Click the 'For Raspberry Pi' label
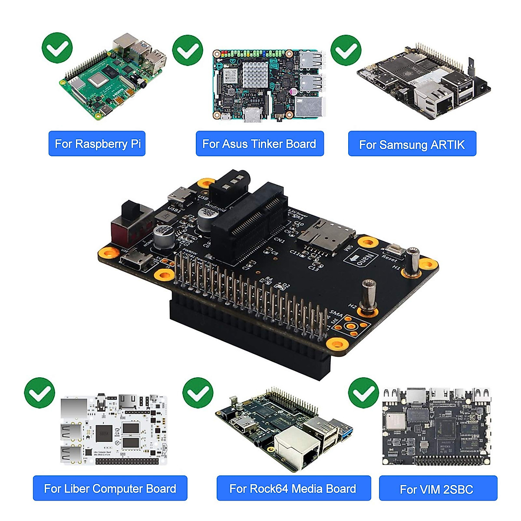click(97, 144)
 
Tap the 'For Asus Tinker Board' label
click(260, 144)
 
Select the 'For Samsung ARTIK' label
click(412, 144)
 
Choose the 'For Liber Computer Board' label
click(110, 488)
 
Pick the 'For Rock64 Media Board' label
click(293, 488)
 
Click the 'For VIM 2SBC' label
click(438, 489)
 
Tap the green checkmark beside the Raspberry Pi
click(57, 48)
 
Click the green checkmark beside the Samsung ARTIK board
click(346, 50)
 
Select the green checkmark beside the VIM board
click(364, 392)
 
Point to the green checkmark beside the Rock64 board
click(198, 393)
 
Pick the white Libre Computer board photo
click(114, 430)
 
